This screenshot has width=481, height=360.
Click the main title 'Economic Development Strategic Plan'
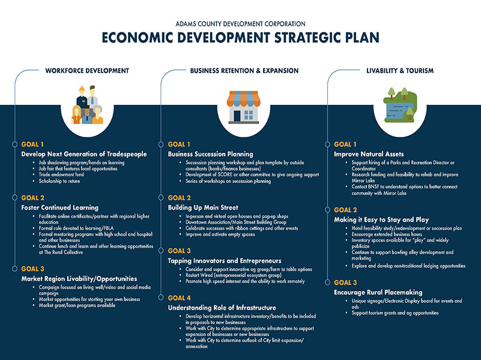point(240,37)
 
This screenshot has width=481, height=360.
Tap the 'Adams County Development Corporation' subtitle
point(240,24)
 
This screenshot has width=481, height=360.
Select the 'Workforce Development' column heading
point(87,71)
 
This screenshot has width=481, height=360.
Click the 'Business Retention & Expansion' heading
point(244,71)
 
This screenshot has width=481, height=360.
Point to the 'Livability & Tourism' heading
point(400,71)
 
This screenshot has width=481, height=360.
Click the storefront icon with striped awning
point(244,107)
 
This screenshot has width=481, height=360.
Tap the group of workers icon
point(87,105)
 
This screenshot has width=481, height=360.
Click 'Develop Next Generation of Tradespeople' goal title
point(84,154)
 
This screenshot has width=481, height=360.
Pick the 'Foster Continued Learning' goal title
point(60,208)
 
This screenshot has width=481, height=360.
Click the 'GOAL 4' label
point(179,298)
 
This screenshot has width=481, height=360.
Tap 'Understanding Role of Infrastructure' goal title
point(222,308)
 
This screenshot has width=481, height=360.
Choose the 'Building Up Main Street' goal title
point(203,208)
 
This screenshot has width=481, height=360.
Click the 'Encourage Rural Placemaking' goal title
point(378,292)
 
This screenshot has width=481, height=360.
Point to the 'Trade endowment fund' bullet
point(61,175)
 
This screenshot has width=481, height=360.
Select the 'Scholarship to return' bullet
point(59,181)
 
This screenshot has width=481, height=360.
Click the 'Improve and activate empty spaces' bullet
point(220,235)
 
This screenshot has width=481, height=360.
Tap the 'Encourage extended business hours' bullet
point(387,234)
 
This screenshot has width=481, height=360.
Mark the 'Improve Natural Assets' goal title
point(369,154)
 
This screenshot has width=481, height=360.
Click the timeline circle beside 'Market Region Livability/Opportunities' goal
point(14,269)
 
